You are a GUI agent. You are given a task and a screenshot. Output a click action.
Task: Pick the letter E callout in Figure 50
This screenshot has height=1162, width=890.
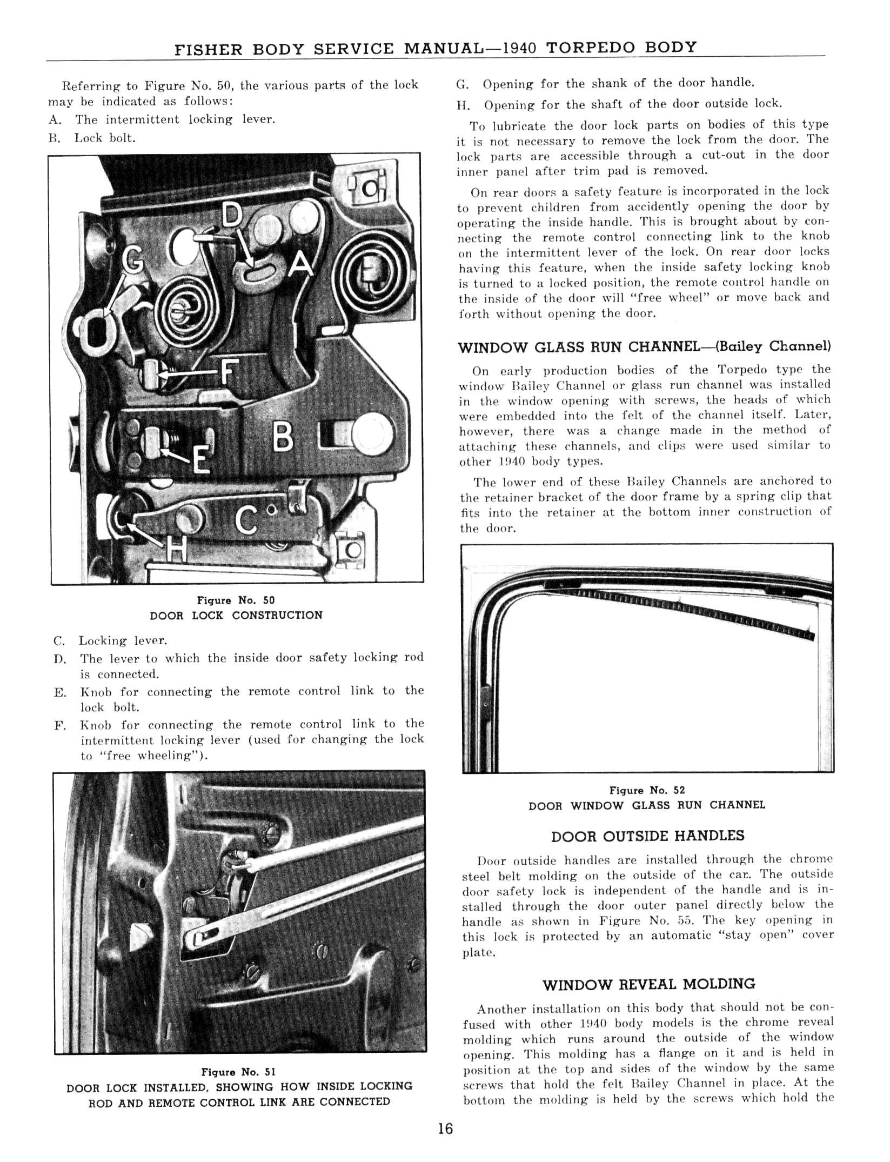tap(201, 460)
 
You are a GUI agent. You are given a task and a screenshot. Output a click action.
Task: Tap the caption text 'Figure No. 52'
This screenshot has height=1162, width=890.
tap(647, 790)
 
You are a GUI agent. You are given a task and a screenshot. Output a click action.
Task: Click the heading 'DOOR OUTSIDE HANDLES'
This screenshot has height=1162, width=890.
tap(647, 836)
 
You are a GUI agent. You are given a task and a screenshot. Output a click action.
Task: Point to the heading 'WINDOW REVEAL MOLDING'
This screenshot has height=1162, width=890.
tap(648, 984)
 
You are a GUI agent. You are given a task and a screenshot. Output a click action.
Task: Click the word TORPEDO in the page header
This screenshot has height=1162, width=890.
tap(591, 48)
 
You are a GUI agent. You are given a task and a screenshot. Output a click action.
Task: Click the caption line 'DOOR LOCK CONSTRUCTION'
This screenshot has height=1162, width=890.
tap(236, 616)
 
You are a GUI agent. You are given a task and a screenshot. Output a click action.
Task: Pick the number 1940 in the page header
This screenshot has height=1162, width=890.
tap(519, 48)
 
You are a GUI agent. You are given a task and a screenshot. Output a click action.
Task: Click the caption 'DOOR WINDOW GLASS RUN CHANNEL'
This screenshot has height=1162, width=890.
tap(647, 805)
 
